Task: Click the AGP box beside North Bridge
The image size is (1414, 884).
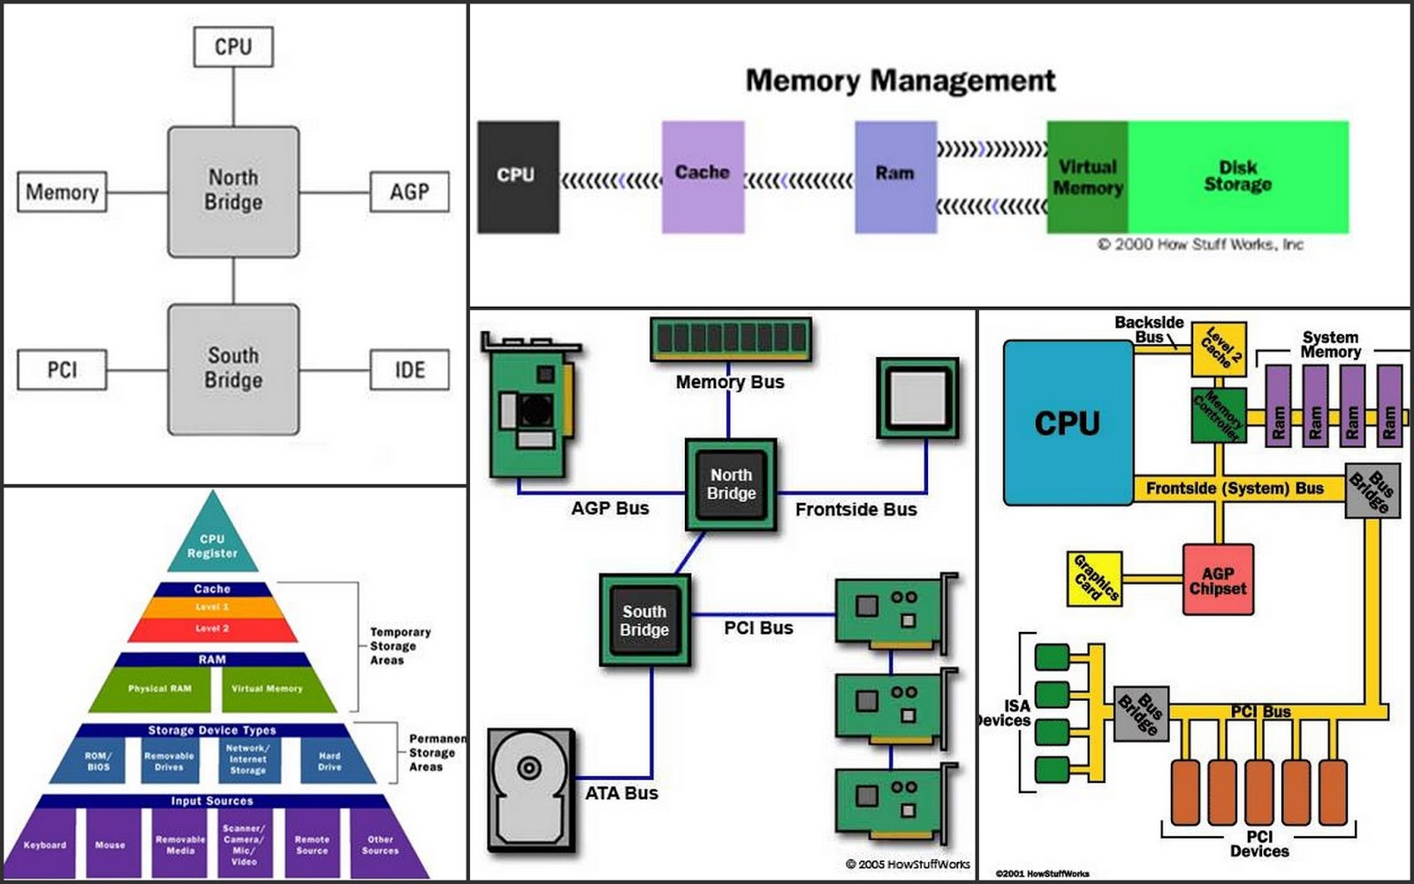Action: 409,192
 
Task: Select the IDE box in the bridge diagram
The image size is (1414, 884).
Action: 409,370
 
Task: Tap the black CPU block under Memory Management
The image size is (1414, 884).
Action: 518,177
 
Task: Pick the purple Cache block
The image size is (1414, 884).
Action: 703,177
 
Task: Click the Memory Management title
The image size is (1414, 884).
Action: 900,80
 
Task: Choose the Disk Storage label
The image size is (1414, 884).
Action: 1237,176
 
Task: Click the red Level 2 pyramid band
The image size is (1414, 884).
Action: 212,629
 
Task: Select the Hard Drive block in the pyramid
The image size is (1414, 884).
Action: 330,761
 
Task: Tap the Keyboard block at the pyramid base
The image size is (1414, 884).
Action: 45,845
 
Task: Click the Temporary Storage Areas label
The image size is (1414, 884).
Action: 399,646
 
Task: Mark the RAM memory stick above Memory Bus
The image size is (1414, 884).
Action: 730,339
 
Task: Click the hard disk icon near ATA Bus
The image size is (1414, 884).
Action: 530,789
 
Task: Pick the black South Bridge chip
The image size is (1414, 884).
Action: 644,621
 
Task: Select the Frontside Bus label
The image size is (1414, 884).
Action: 855,509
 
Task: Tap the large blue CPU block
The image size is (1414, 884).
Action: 1068,423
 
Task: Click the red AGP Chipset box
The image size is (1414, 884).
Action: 1218,581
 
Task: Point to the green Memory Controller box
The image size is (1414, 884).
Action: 1218,415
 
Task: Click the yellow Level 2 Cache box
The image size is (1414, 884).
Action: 1220,349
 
